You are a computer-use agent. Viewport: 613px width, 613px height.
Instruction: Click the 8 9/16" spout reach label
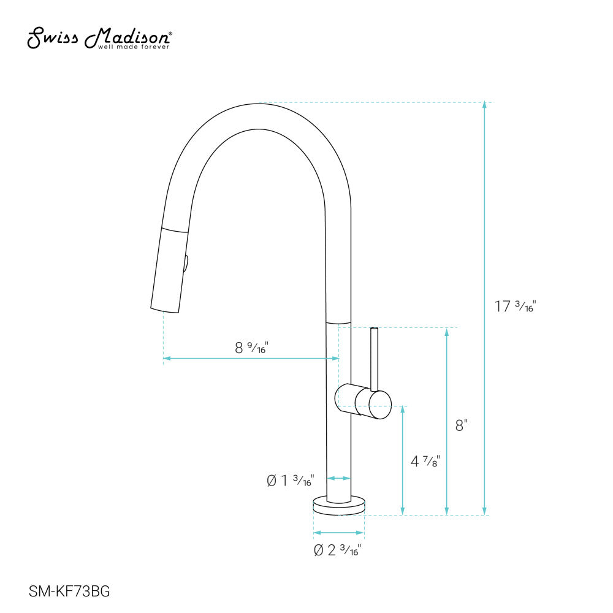pyautogui.click(x=252, y=348)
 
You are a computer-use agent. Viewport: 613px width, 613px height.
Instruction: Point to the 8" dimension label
pyautogui.click(x=462, y=425)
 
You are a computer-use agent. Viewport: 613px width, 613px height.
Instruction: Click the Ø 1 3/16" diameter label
pyautogui.click(x=291, y=481)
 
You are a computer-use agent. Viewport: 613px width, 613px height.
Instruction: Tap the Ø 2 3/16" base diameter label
pyautogui.click(x=337, y=550)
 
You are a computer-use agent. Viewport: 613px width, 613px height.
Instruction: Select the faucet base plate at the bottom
pyautogui.click(x=339, y=506)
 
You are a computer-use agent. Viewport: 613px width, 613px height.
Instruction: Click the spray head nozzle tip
pyautogui.click(x=165, y=306)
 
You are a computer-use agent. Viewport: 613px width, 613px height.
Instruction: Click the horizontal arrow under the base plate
pyautogui.click(x=339, y=532)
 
